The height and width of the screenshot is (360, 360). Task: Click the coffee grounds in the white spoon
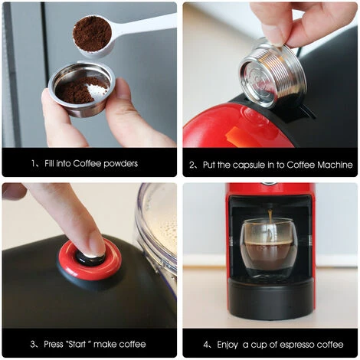pyautogui.click(x=92, y=33)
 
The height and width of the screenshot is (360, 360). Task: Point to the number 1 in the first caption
pyautogui.click(x=34, y=163)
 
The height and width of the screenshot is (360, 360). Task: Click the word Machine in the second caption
pyautogui.click(x=333, y=165)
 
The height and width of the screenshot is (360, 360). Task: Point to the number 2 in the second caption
pyautogui.click(x=191, y=165)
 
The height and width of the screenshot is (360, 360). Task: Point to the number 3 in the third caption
pyautogui.click(x=34, y=344)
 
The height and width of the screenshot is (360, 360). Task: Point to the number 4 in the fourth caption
pyautogui.click(x=206, y=344)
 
